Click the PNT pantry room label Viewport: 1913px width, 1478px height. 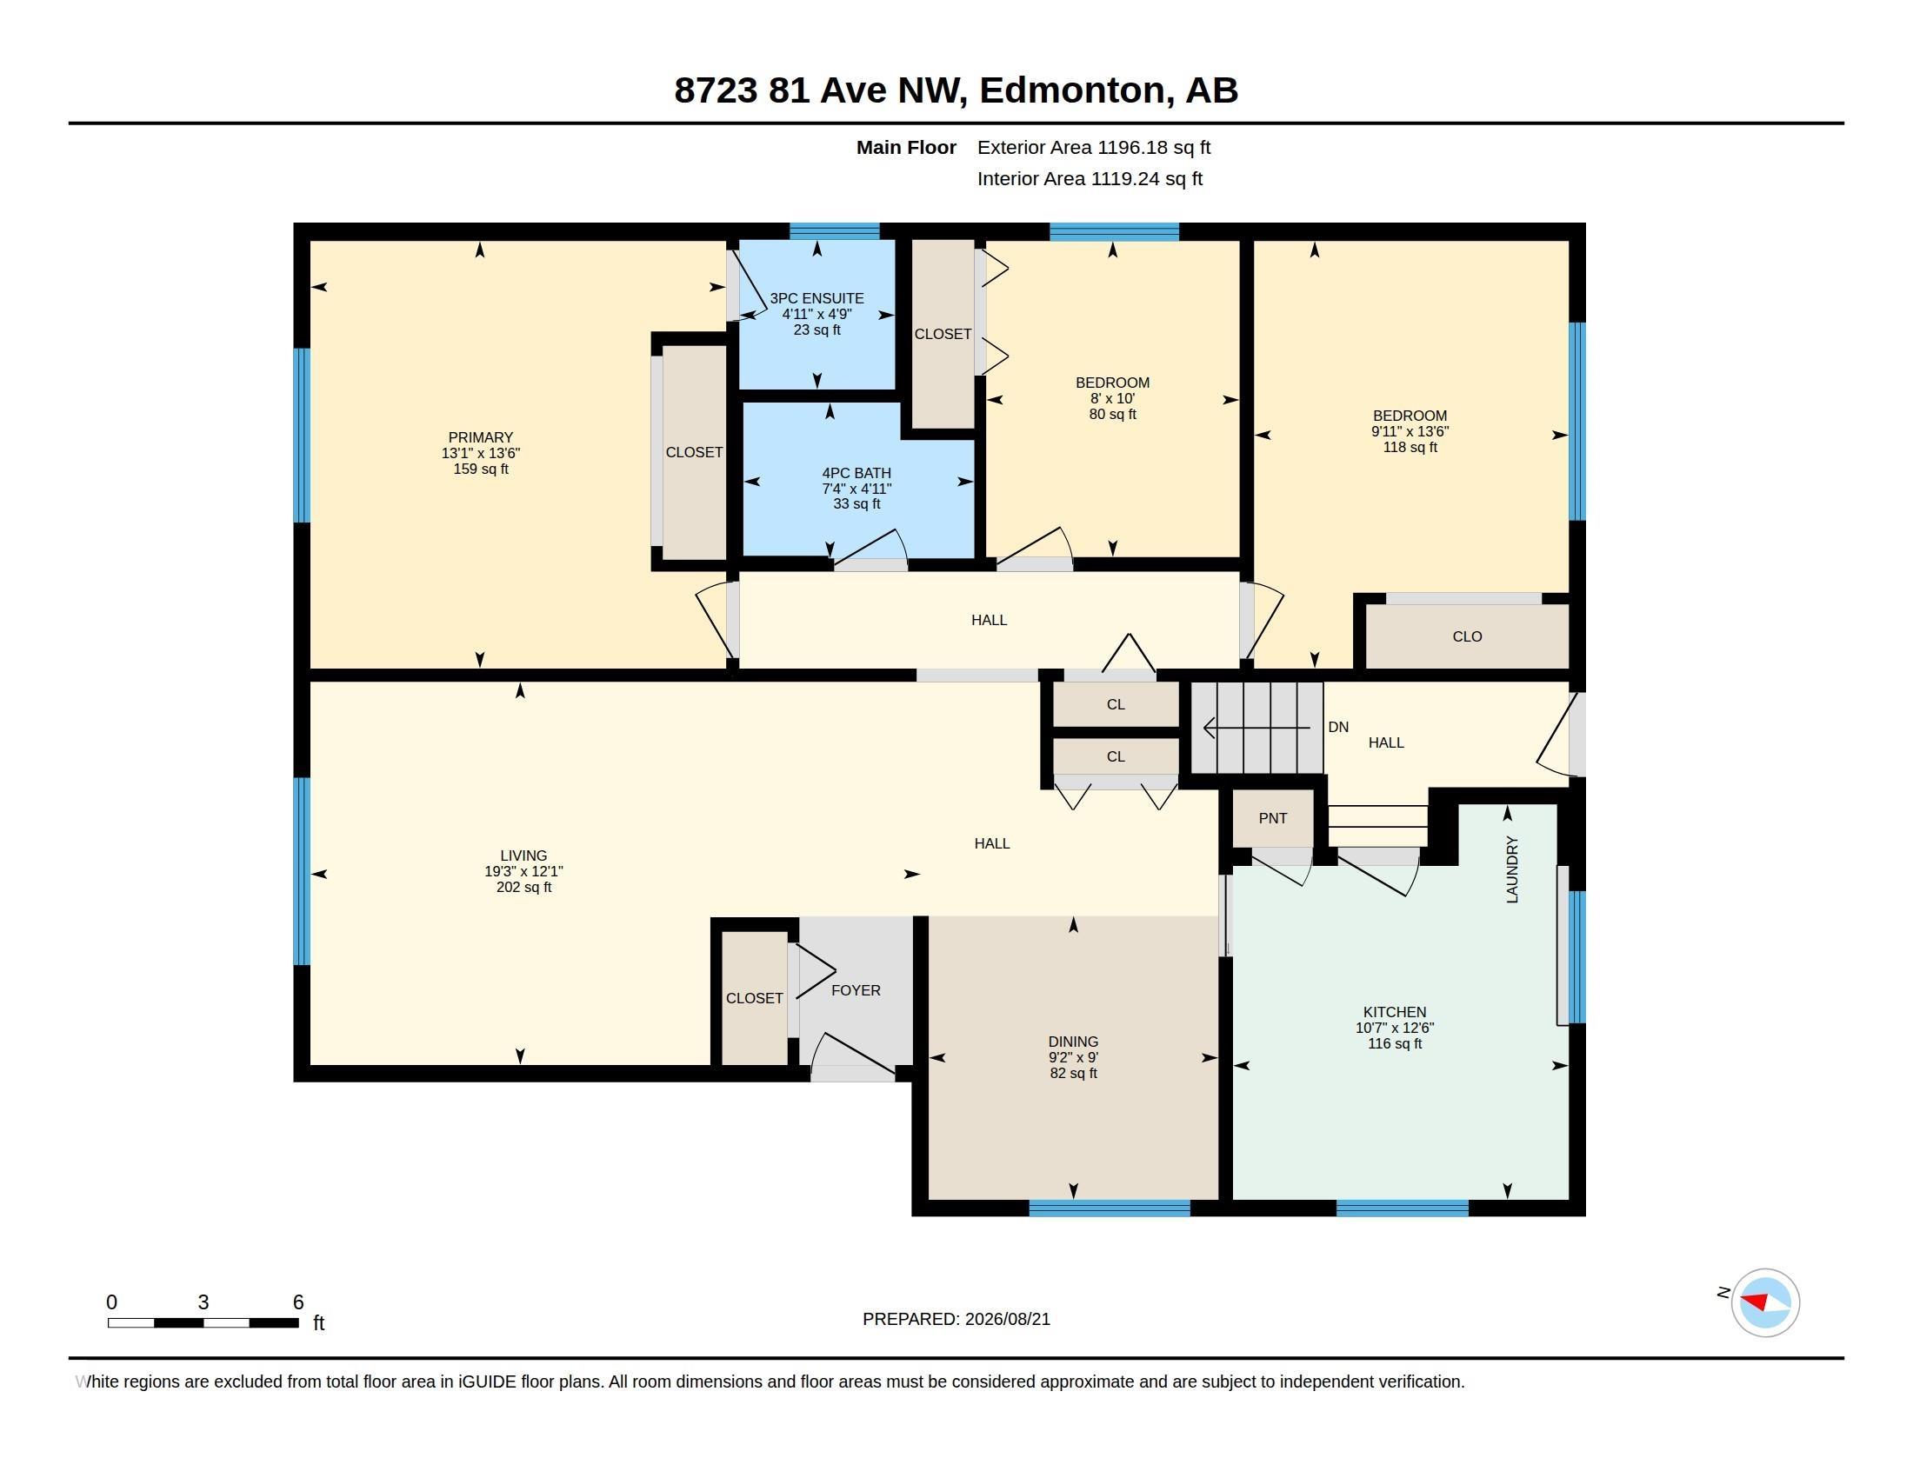point(1273,819)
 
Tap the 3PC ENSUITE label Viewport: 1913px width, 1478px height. point(817,298)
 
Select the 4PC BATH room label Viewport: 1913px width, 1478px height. point(856,473)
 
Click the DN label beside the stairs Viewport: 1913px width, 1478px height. point(1338,727)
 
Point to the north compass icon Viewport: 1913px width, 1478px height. point(1765,1302)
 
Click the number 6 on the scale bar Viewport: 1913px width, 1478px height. point(297,1302)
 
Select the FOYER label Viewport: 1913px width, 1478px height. point(856,990)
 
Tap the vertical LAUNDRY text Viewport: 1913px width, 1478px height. point(1512,869)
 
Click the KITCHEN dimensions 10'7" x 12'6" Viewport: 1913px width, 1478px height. point(1395,1028)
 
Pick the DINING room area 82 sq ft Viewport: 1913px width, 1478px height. point(1073,1074)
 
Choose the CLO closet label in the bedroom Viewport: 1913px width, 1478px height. point(1467,636)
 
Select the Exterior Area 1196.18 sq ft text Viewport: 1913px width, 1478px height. point(1094,148)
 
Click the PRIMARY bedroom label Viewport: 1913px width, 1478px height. point(481,438)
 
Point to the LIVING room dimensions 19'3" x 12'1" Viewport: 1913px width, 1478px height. point(523,871)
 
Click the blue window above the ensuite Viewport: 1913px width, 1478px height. point(835,231)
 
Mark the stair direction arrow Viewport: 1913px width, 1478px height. point(1257,727)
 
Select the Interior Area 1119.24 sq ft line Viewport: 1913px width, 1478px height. point(1090,179)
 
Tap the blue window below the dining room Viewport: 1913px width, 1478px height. point(1109,1208)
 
